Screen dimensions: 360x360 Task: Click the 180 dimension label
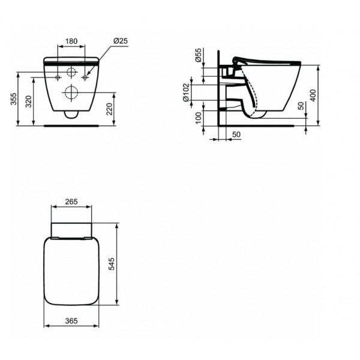pyautogui.click(x=71, y=41)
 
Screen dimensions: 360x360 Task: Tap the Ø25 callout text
pyautogui.click(x=121, y=41)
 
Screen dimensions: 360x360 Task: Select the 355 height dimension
pyautogui.click(x=14, y=99)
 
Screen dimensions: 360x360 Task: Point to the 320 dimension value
pyautogui.click(x=28, y=101)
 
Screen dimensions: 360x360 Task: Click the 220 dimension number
pyautogui.click(x=110, y=109)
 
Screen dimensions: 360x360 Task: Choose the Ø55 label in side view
pyautogui.click(x=198, y=55)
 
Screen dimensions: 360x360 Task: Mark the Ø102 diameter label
pyautogui.click(x=186, y=92)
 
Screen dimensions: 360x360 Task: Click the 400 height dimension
pyautogui.click(x=313, y=95)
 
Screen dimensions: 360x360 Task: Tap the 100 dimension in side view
pyautogui.click(x=199, y=118)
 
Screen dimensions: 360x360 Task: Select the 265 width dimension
pyautogui.click(x=71, y=202)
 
